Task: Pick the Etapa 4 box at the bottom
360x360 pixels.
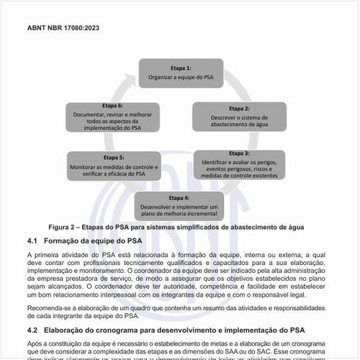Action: [x=179, y=206]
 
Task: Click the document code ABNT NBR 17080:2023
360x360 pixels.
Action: [x=63, y=29]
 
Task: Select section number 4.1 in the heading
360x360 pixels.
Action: [x=32, y=239]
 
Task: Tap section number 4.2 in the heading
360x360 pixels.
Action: [x=32, y=329]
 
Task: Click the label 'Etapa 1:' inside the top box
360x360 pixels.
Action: [x=180, y=66]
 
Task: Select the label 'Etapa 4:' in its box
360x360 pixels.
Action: [x=179, y=197]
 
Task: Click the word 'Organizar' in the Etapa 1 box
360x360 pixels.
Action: [x=162, y=76]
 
